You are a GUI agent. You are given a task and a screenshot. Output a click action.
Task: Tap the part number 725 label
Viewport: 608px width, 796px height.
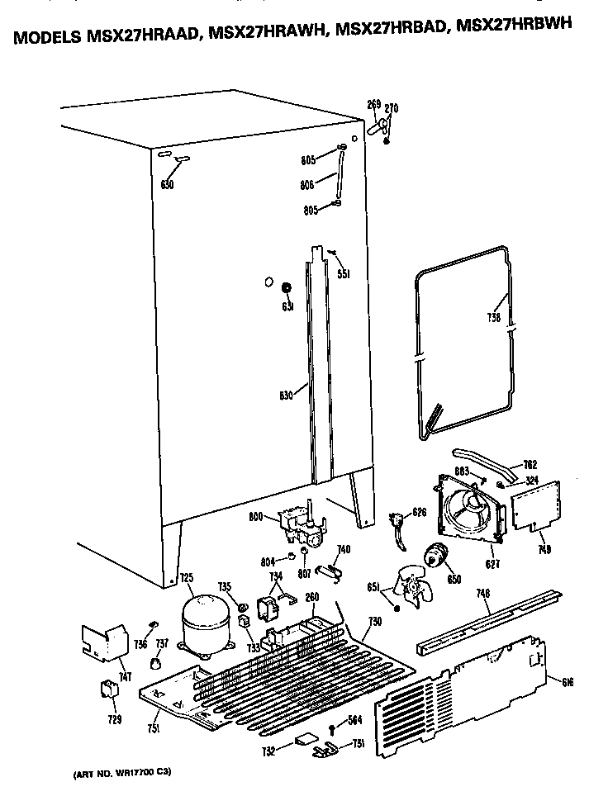pos(187,577)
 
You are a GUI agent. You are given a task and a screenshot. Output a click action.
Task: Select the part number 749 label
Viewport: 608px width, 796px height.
pos(543,548)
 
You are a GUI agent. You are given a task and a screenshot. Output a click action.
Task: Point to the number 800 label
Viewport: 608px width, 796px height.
pos(257,518)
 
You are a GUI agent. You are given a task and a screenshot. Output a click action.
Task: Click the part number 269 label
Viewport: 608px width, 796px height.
pos(373,104)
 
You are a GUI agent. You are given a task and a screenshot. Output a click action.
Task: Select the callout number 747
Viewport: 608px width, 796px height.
pos(125,677)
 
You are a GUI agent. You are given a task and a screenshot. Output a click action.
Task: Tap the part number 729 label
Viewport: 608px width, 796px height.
pos(115,719)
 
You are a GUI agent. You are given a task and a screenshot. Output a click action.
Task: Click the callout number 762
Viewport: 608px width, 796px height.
pos(530,464)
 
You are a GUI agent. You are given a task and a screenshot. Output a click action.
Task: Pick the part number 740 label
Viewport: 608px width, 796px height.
pos(343,550)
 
